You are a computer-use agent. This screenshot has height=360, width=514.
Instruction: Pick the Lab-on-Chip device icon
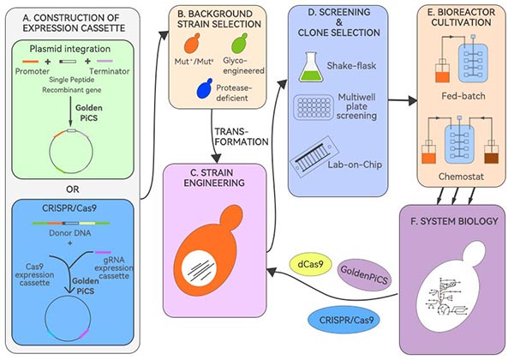click(x=318, y=156)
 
